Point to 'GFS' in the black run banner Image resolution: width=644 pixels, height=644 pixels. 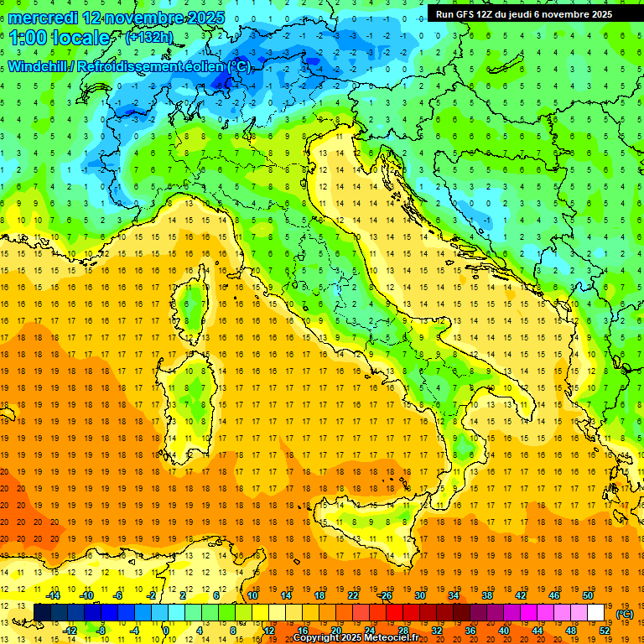coord(470,14)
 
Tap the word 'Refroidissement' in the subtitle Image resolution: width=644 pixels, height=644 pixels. coord(130,66)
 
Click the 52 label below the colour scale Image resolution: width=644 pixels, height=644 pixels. coord(605,630)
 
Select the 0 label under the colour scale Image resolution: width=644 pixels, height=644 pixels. coord(166,630)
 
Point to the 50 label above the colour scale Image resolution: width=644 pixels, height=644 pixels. coord(588,595)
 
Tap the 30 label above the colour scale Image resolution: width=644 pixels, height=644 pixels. coord(419,595)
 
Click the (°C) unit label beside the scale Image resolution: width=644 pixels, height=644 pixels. coord(625,614)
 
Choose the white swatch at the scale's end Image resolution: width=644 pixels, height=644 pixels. coord(595,612)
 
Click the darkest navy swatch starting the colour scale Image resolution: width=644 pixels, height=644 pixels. coord(42,612)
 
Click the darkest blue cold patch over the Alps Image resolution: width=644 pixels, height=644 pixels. coord(225,81)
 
